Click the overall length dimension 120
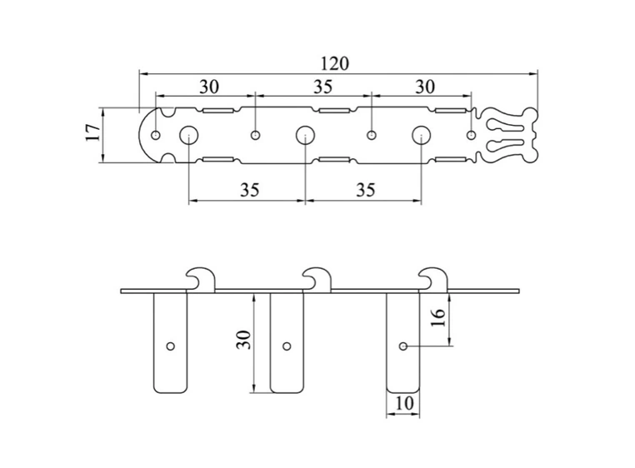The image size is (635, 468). click(334, 63)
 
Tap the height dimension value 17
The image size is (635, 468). click(93, 132)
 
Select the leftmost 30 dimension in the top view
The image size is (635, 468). click(209, 87)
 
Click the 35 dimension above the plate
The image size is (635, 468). click(322, 87)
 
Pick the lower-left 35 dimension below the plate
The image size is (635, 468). click(249, 190)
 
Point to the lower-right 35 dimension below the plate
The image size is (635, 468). click(365, 190)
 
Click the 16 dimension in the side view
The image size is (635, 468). click(437, 318)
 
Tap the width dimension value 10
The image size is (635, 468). click(403, 403)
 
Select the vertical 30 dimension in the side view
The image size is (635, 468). click(244, 339)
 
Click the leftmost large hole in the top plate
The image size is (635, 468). click(188, 135)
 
